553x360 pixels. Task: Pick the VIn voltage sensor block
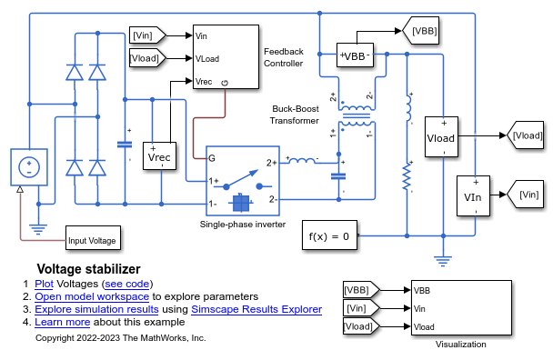474,195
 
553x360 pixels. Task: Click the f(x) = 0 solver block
328,236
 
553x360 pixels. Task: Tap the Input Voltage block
93,241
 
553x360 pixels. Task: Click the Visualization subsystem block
447,307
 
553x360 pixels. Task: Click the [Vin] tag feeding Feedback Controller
146,35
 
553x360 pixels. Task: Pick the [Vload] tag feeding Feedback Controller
146,58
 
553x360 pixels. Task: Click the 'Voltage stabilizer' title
88,269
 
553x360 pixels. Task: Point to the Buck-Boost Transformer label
296,114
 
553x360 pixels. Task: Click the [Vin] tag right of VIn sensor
528,195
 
